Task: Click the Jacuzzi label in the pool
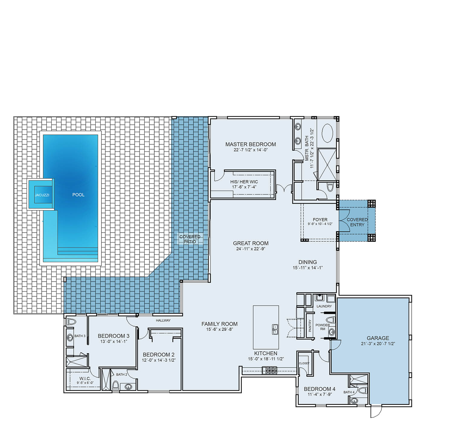click(42, 195)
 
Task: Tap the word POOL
click(79, 195)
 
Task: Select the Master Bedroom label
click(251, 144)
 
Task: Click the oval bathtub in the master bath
click(327, 133)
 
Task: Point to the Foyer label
click(320, 220)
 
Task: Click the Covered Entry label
click(357, 222)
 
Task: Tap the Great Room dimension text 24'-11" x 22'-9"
click(251, 249)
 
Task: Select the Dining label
click(308, 262)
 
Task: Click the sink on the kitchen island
click(275, 329)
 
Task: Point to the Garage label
click(378, 338)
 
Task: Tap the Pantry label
click(310, 326)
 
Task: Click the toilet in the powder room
click(331, 320)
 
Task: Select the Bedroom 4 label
click(320, 389)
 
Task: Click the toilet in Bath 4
click(362, 390)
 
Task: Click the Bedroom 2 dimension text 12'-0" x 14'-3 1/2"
click(159, 360)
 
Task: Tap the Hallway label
click(163, 320)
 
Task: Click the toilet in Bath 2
click(115, 385)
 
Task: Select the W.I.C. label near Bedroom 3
click(85, 379)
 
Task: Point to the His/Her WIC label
click(244, 182)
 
